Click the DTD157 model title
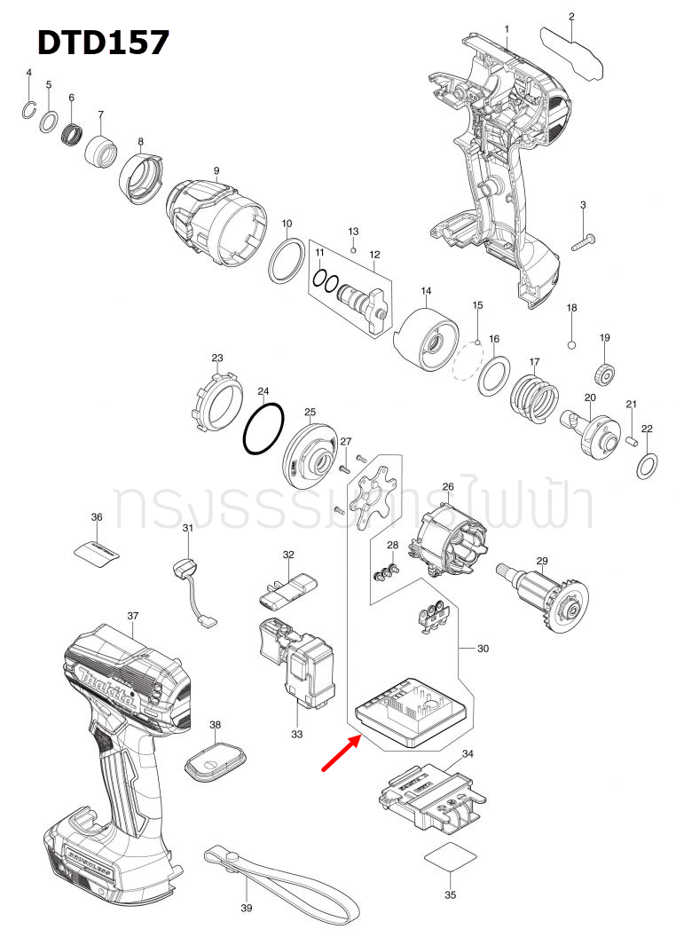(102, 42)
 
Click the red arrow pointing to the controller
(340, 752)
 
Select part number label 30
(483, 649)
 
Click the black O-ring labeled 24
(263, 429)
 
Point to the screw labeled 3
(582, 240)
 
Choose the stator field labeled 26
(448, 536)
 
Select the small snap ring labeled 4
(29, 109)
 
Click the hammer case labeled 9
(215, 218)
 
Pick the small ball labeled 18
(572, 343)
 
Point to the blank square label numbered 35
(451, 860)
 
